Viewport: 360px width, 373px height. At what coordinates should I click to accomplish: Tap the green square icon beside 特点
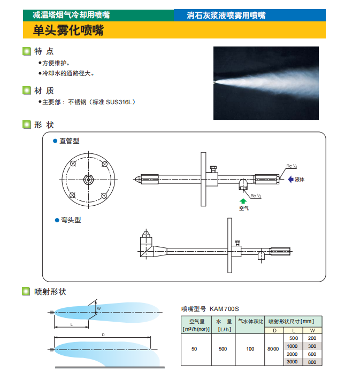pos(26,52)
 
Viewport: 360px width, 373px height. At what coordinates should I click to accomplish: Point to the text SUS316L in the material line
pos(120,102)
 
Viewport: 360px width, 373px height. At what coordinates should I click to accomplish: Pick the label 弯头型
pos(70,220)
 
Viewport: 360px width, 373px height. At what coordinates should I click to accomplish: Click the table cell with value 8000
pos(273,349)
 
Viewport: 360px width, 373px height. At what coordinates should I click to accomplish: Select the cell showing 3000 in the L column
pos(293,362)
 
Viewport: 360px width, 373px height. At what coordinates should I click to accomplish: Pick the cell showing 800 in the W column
pos(312,362)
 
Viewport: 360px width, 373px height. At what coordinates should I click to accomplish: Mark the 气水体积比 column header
pos(250,321)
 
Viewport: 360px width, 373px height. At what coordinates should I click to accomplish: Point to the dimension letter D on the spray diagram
pos(103,335)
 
